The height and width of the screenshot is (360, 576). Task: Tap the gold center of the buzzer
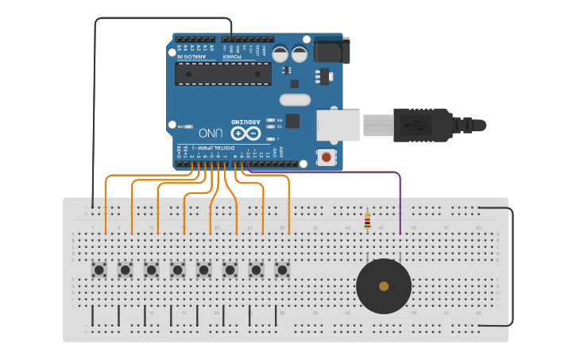384,286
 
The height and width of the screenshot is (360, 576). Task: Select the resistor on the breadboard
366,220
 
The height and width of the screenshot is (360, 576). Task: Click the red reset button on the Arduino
326,157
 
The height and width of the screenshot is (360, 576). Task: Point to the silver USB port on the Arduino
338,126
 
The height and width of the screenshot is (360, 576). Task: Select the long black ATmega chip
223,73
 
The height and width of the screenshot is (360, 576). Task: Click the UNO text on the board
211,133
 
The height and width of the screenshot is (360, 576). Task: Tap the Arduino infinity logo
245,133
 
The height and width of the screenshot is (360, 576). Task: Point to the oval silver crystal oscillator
295,100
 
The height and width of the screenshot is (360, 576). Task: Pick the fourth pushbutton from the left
177,270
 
